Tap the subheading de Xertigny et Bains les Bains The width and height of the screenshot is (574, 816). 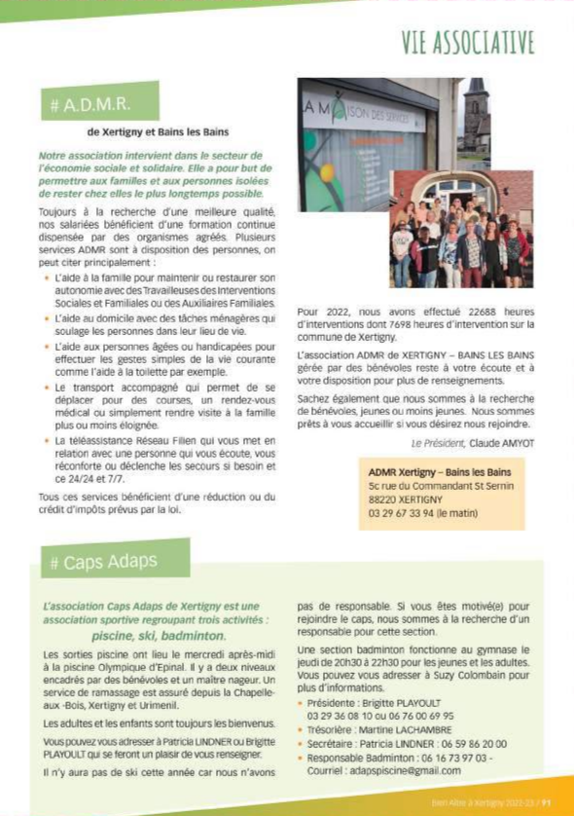[x=158, y=130]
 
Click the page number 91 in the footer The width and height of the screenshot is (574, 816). [x=547, y=803]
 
